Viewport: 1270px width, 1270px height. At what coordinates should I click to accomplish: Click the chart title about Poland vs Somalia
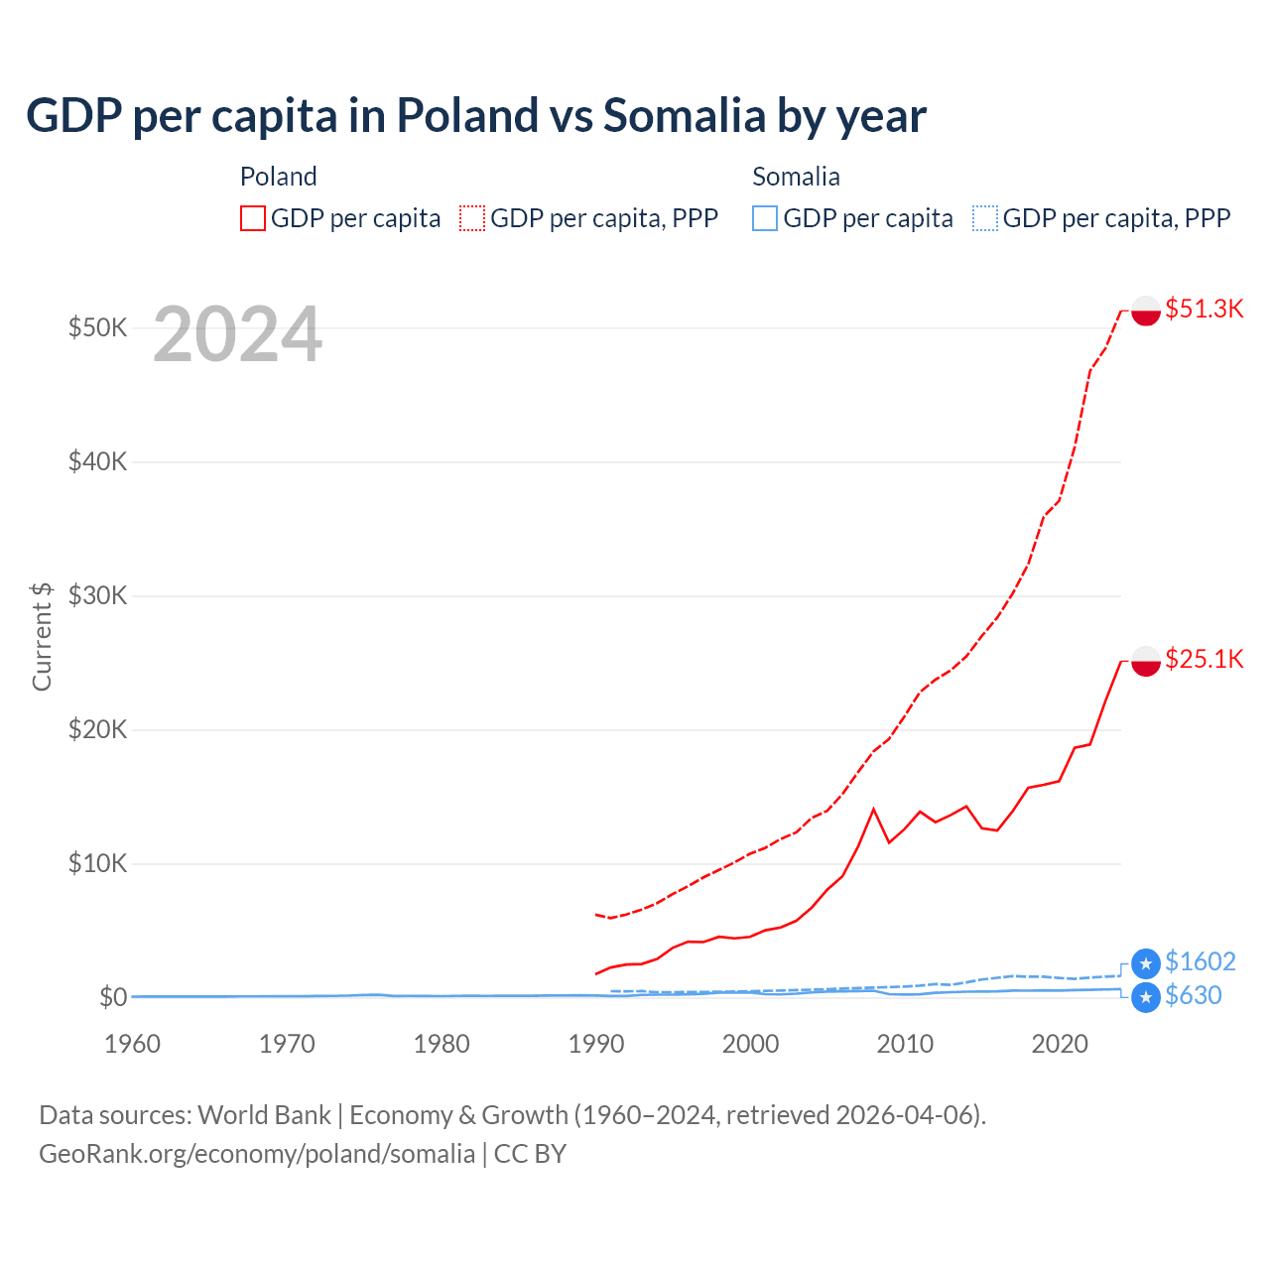(x=476, y=115)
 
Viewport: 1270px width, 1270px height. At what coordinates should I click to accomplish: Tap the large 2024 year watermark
(x=237, y=334)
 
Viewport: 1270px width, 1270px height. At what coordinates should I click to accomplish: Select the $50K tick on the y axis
(x=97, y=327)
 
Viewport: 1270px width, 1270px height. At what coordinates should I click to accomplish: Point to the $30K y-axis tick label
(x=97, y=595)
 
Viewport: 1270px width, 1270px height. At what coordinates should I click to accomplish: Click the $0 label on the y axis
(x=112, y=997)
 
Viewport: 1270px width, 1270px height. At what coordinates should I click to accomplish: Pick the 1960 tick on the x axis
(x=132, y=1044)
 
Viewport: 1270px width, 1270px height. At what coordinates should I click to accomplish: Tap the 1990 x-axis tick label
(x=596, y=1044)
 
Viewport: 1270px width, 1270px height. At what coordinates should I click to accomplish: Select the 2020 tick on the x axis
(x=1060, y=1044)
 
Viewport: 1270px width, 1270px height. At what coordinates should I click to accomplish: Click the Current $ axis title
(x=42, y=636)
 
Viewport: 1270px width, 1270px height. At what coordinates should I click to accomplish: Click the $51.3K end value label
(x=1204, y=309)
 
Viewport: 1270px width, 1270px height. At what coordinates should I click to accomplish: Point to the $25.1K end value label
(x=1204, y=659)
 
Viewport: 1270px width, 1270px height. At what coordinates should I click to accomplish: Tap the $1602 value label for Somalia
(x=1200, y=961)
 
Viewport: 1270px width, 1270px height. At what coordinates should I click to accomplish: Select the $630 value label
(x=1193, y=995)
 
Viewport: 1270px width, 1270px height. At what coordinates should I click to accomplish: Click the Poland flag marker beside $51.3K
(x=1146, y=311)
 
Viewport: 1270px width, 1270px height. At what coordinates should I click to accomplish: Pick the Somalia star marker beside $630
(x=1146, y=997)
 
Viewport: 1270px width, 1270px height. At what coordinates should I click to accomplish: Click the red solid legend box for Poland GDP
(x=253, y=218)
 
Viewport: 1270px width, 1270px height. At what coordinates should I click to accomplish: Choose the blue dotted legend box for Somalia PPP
(x=985, y=218)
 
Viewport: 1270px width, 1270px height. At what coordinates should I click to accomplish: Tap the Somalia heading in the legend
(x=796, y=177)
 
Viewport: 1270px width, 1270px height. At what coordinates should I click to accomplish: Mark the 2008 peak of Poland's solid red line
(x=873, y=810)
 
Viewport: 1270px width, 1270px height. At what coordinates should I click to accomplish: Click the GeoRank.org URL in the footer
(x=257, y=1154)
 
